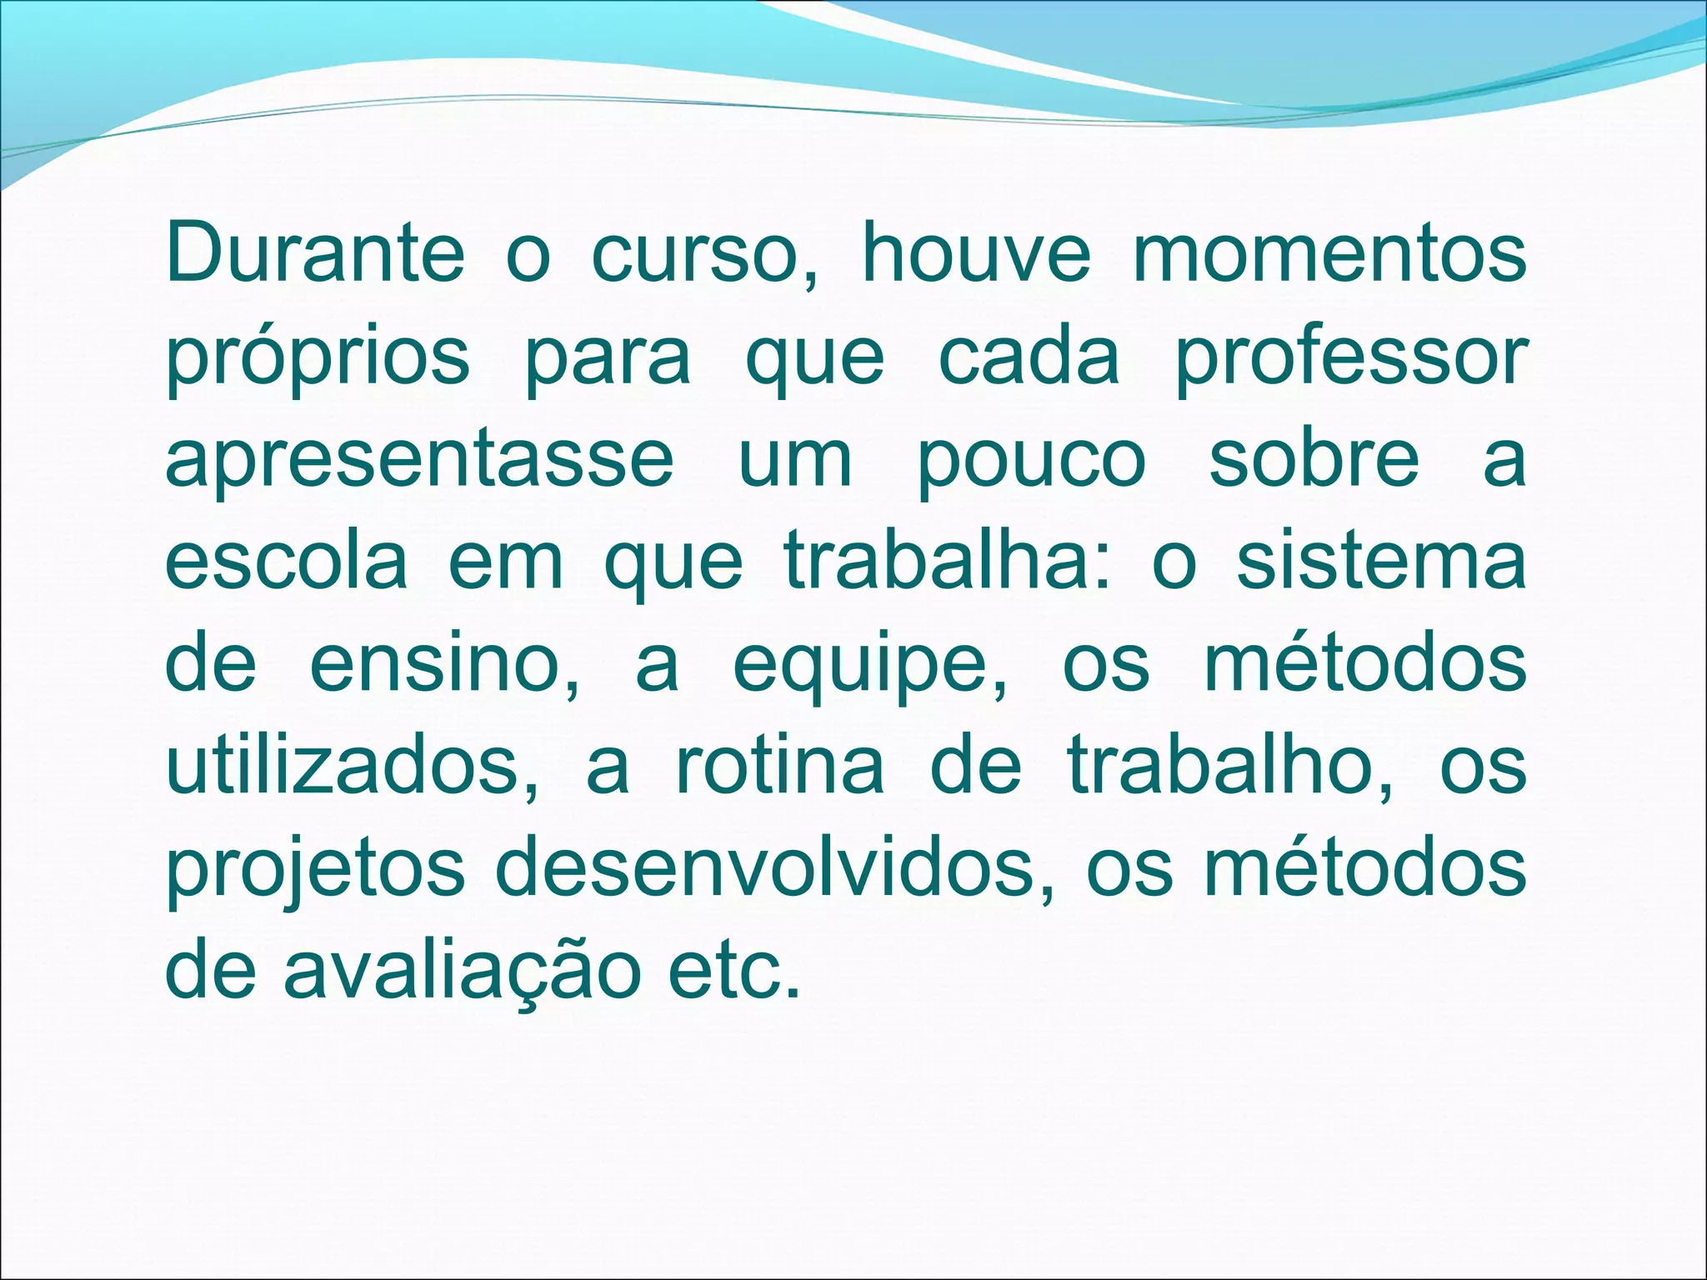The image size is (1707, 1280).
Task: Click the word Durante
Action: pos(315,252)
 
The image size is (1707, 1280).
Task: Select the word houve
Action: pos(975,252)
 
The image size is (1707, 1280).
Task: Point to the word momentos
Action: pos(1329,252)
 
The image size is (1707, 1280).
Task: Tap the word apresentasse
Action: pos(419,460)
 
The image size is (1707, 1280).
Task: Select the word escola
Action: pos(286,561)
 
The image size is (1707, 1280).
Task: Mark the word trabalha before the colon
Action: pos(940,561)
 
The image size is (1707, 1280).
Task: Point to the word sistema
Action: pos(1381,561)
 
